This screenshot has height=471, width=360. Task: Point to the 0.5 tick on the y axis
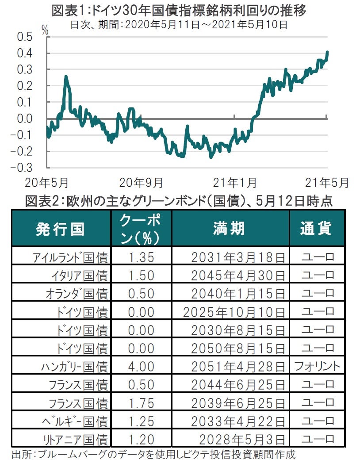pyautogui.click(x=25, y=37)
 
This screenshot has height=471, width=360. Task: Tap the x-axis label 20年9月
pyautogui.click(x=141, y=182)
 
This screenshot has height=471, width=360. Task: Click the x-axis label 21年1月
pyautogui.click(x=235, y=182)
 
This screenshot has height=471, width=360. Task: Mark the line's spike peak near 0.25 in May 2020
pyautogui.click(x=66, y=77)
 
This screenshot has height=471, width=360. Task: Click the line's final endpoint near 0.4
pyautogui.click(x=327, y=52)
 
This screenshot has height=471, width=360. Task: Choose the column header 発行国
pyautogui.click(x=60, y=229)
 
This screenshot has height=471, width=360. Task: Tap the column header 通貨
pyautogui.click(x=316, y=229)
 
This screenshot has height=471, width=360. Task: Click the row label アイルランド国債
pyautogui.click(x=70, y=257)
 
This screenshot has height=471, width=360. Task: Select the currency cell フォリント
pyautogui.click(x=317, y=366)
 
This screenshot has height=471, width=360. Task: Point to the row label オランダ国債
pyautogui.click(x=77, y=294)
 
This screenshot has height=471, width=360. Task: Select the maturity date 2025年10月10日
pyautogui.click(x=234, y=312)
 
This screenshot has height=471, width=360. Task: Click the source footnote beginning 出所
pyautogui.click(x=153, y=455)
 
